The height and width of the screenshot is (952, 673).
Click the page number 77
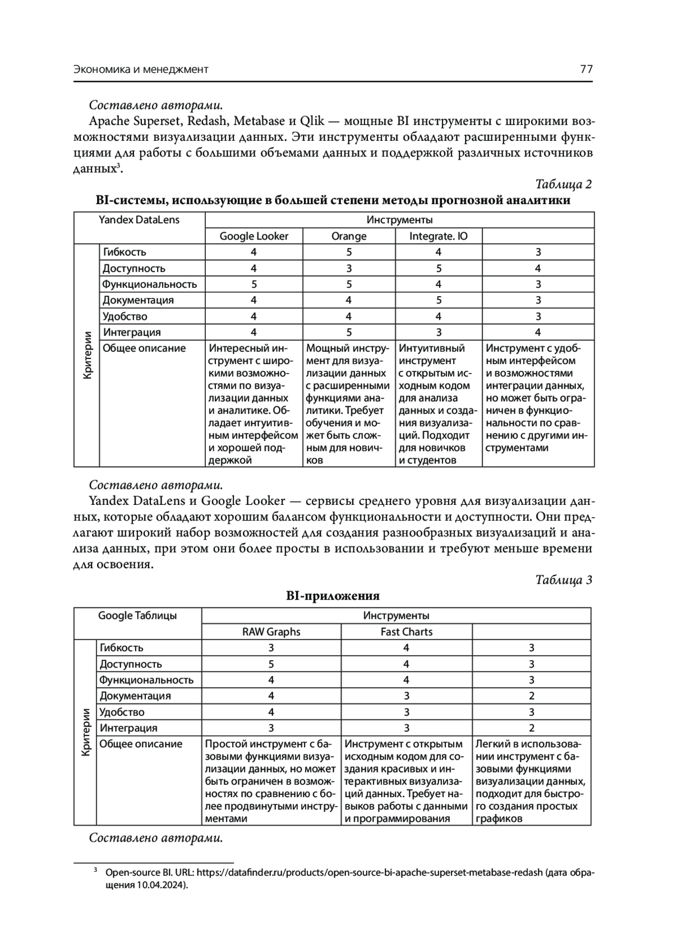(x=586, y=70)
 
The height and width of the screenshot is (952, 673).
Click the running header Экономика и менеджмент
(x=141, y=70)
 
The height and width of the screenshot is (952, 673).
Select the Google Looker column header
(x=253, y=236)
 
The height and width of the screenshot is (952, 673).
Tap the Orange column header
(x=349, y=236)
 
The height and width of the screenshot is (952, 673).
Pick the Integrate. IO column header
(x=438, y=236)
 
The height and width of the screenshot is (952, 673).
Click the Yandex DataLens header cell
(x=139, y=220)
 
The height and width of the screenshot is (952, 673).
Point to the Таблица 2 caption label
(x=564, y=184)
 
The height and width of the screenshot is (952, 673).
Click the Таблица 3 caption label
(x=564, y=580)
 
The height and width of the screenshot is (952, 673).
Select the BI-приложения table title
(x=333, y=596)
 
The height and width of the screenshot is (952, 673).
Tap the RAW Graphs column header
(x=271, y=632)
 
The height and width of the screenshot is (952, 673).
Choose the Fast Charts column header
(x=406, y=632)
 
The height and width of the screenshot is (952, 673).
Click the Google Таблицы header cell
(x=137, y=615)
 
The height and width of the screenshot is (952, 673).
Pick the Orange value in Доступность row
(x=349, y=268)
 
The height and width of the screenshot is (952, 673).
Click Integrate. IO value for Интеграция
(x=438, y=332)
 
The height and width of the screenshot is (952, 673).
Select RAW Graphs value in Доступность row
(x=271, y=664)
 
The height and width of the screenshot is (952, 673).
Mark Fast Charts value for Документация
(x=406, y=696)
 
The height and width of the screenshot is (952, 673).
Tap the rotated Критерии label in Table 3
(x=85, y=733)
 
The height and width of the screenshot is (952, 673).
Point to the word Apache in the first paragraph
(x=108, y=121)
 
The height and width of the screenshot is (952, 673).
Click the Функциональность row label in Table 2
(x=149, y=284)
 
